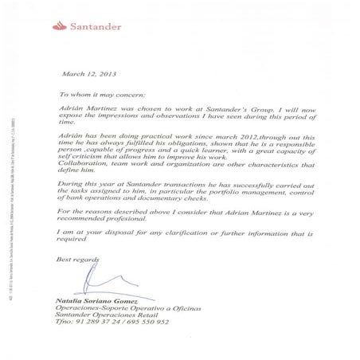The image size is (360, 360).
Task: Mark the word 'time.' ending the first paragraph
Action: click(69, 124)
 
